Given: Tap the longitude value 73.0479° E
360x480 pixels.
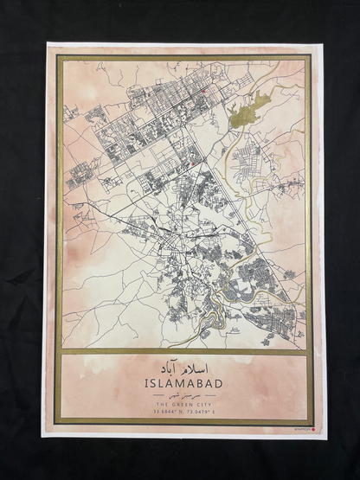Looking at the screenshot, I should pyautogui.click(x=201, y=412).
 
